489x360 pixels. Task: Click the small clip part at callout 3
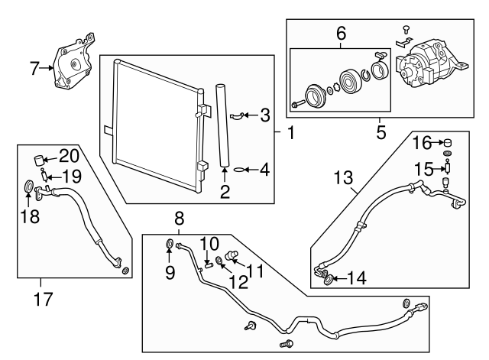(238, 115)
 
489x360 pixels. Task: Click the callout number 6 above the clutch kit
(341, 33)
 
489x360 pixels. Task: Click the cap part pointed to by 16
(449, 142)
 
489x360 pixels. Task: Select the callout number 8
(179, 216)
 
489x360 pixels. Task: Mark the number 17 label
(43, 297)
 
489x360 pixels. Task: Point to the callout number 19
(70, 177)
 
